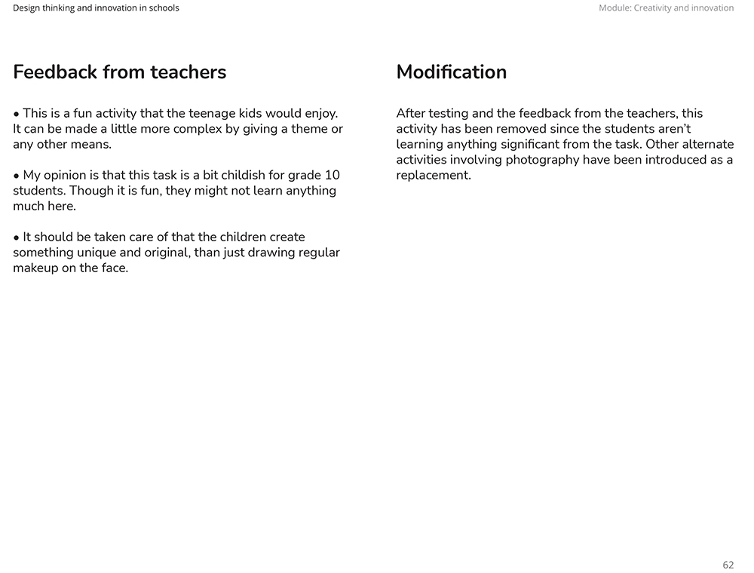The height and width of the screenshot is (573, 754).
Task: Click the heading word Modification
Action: [x=451, y=72]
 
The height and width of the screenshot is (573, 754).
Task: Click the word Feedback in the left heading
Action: [x=55, y=72]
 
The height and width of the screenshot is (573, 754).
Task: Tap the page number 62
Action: [x=728, y=565]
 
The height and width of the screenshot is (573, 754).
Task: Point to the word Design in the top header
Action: [x=27, y=8]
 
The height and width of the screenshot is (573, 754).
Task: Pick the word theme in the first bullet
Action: [x=309, y=129]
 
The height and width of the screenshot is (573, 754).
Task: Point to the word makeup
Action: [x=35, y=268]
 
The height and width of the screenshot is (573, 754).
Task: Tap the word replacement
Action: [x=433, y=176]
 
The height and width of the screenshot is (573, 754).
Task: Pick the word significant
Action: [x=520, y=145]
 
